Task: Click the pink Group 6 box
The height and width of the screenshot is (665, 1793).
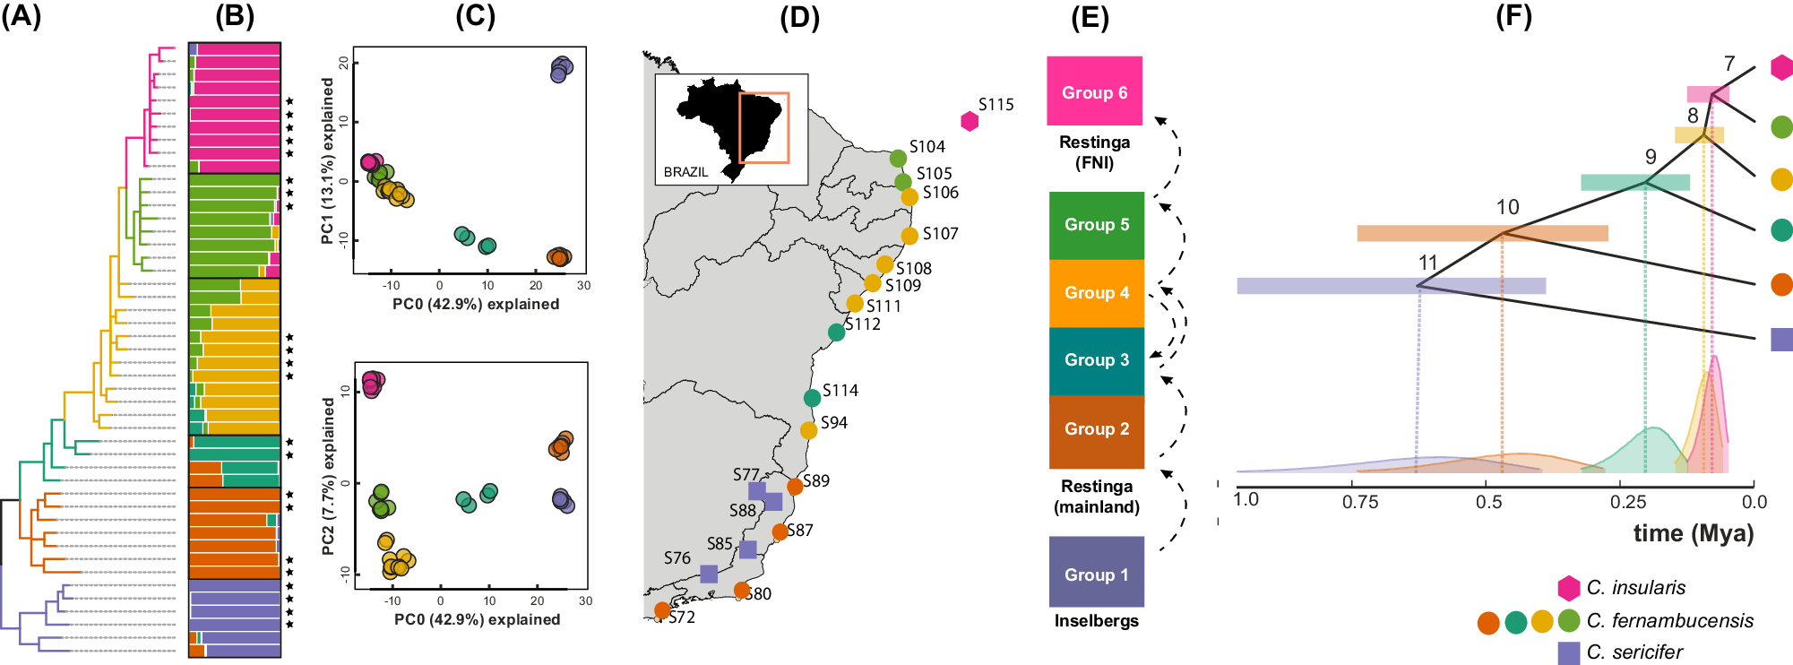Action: point(1094,91)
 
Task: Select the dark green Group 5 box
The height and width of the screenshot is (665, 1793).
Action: point(1096,225)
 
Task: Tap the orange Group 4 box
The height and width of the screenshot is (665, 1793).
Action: point(1096,293)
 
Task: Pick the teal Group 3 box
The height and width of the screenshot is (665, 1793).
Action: point(1096,360)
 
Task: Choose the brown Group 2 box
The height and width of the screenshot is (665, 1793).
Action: point(1096,430)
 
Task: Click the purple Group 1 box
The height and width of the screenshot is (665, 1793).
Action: point(1096,572)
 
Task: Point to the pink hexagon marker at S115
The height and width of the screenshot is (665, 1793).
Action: point(969,121)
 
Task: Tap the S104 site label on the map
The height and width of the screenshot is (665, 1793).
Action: point(927,147)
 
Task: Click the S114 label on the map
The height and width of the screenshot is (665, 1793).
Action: point(840,391)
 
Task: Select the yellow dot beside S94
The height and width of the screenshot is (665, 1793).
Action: point(808,430)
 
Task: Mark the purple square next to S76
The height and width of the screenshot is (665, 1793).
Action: point(709,574)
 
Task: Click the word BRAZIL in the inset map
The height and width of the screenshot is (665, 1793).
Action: point(685,172)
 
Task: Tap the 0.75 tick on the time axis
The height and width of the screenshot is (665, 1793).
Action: point(1359,502)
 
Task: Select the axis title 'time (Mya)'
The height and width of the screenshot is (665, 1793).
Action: point(1693,533)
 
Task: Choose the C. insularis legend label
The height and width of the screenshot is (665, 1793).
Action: point(1635,588)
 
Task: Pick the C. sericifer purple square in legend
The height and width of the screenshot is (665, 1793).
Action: point(1568,652)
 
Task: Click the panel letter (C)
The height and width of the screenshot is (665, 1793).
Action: point(475,16)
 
